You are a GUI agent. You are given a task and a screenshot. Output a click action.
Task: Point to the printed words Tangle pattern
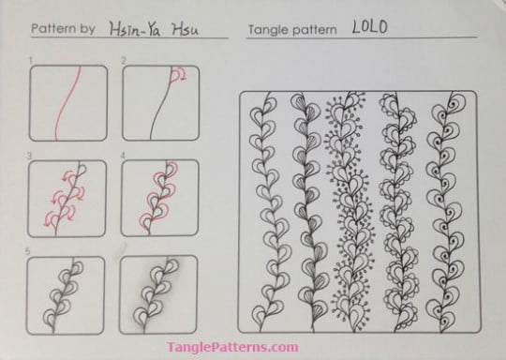click(x=291, y=30)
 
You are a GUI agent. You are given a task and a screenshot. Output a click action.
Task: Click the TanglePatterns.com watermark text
click(x=253, y=348)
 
